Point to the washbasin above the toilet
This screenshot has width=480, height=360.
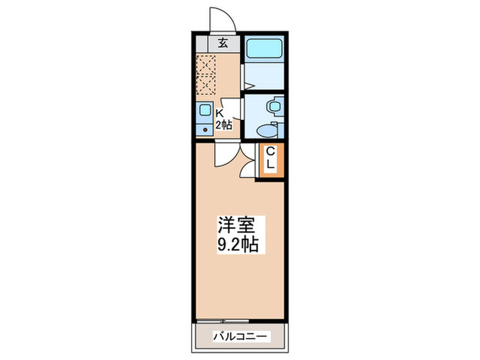[x=274, y=106]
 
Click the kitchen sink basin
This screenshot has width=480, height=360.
[x=205, y=110]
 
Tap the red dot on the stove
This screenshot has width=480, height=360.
[x=205, y=129]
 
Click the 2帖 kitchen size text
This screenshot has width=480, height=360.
[x=224, y=125]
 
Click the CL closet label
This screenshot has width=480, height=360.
[x=270, y=159]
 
